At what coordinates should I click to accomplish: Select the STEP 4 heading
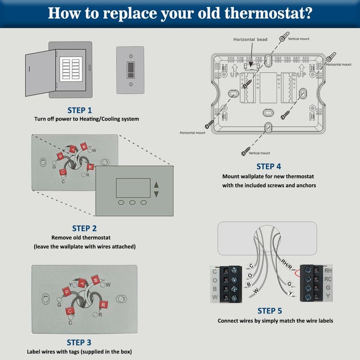click(269, 166)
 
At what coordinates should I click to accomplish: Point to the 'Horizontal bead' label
click(250, 40)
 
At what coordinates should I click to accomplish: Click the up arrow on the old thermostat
click(157, 184)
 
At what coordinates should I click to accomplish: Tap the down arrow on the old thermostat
click(157, 194)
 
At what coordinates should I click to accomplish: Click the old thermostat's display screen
click(132, 187)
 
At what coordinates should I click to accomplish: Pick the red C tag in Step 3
click(69, 311)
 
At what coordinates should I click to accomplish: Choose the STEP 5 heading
click(270, 311)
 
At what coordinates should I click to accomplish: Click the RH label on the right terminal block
click(328, 270)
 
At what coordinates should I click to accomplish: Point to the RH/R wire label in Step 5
click(286, 264)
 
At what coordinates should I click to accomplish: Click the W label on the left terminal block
click(215, 297)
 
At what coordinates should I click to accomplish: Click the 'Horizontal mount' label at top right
click(338, 64)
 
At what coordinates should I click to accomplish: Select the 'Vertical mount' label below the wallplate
click(260, 153)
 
